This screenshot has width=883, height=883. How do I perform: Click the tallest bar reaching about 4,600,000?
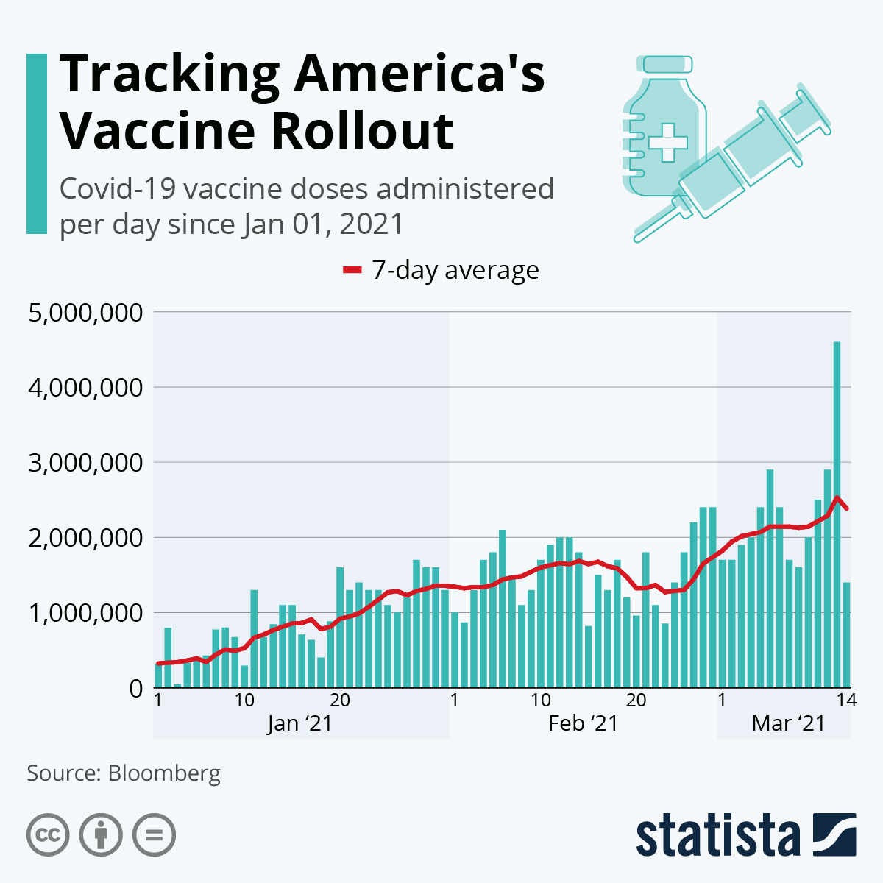coord(837,515)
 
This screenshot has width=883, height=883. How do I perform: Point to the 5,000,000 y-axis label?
coord(85,313)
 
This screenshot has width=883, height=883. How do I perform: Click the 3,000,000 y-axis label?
coord(85,464)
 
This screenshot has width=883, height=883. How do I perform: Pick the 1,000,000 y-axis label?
coord(85,613)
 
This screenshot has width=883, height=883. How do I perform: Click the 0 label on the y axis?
coord(136,689)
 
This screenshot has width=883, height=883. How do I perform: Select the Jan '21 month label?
coord(299,723)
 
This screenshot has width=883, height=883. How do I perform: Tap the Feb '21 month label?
coord(583,723)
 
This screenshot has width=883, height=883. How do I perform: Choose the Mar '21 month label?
coord(788,723)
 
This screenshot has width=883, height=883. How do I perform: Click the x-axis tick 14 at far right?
coord(846,700)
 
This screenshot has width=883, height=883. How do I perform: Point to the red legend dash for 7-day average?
coord(352,271)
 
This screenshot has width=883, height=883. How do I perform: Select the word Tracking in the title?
coord(169,75)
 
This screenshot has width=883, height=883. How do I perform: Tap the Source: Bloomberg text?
coord(124,773)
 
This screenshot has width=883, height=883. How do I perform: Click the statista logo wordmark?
coord(717,836)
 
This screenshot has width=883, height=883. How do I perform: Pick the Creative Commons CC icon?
coord(48,835)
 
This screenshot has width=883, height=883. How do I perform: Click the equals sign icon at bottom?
coord(154,835)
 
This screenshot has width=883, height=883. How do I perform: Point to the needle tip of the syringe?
coord(637,238)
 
